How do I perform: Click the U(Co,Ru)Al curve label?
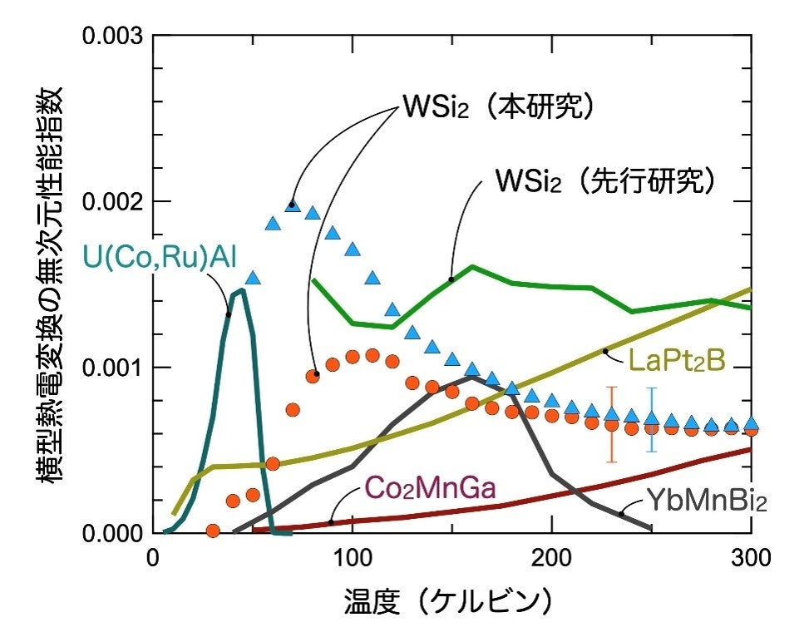pyautogui.click(x=160, y=256)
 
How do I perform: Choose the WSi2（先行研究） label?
pyautogui.click(x=605, y=181)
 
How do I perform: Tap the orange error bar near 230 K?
pyautogui.click(x=612, y=424)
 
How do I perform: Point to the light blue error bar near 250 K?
pyautogui.click(x=652, y=419)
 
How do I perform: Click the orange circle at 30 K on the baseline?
pyautogui.click(x=213, y=530)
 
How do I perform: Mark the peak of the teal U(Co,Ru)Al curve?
pyautogui.click(x=242, y=290)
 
